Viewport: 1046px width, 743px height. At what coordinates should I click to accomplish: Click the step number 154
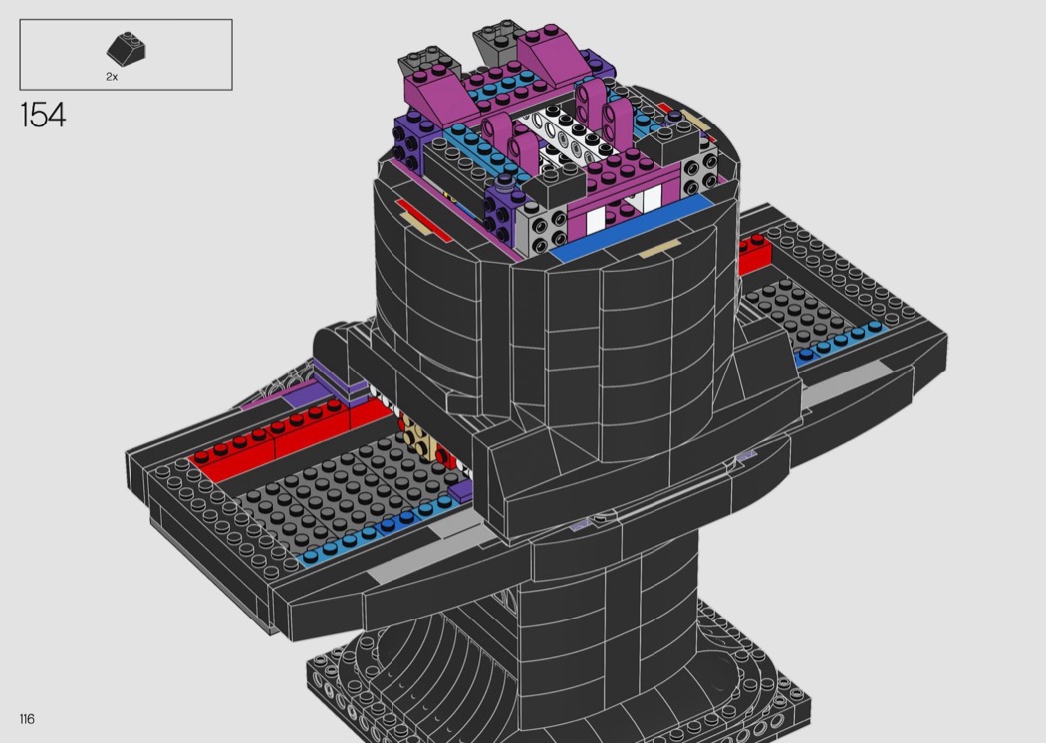(44, 115)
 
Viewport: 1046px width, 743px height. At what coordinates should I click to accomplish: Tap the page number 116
(27, 719)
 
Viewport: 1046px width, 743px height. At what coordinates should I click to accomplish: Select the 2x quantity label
(112, 77)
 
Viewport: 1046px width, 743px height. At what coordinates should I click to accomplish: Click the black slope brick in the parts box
(127, 47)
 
